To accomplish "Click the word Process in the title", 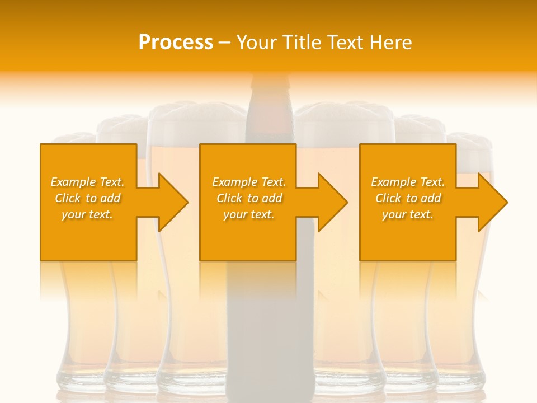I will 176,43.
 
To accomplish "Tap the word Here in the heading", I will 392,43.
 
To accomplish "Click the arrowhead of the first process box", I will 173,202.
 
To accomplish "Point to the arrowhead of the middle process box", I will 333,202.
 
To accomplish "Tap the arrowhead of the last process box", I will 493,202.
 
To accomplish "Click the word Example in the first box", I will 73,182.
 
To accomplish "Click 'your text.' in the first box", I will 87,214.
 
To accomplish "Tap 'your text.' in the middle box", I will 248,214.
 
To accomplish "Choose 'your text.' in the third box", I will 407,214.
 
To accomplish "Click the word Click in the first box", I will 68,198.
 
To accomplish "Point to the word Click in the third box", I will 388,198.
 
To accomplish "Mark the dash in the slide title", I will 224,43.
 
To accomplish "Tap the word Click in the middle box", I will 229,198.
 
